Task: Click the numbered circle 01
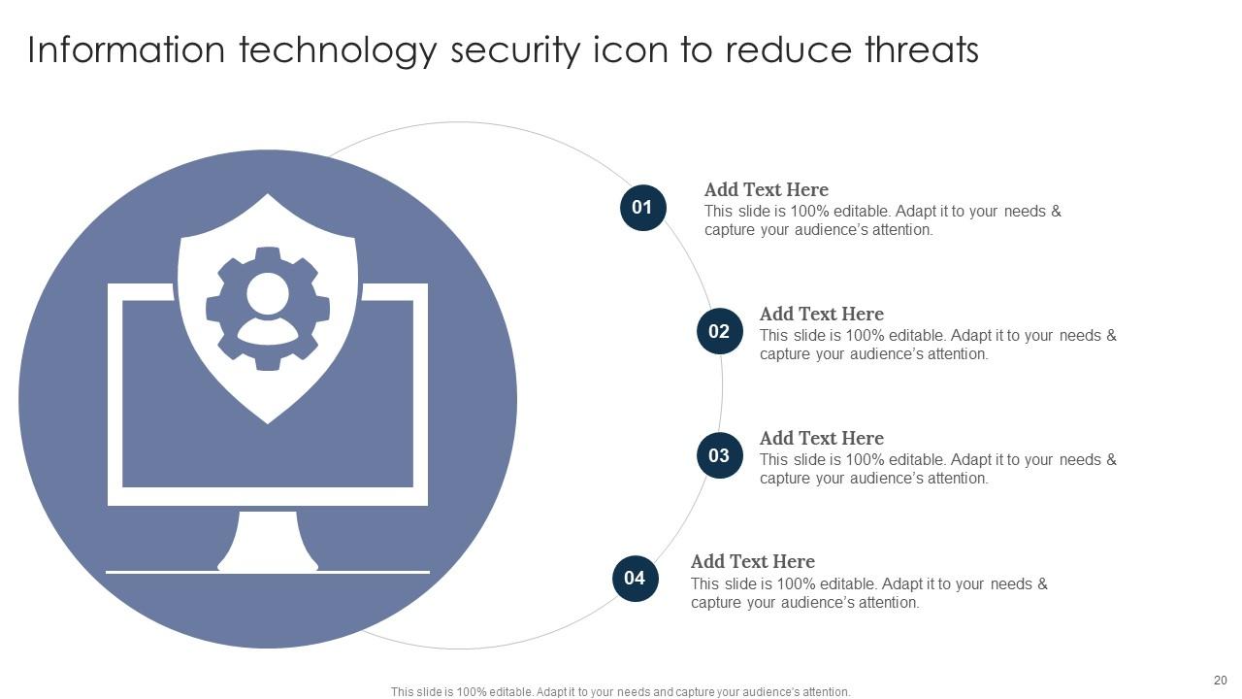point(642,208)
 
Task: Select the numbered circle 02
point(719,332)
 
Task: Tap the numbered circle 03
point(719,456)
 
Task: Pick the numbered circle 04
point(635,579)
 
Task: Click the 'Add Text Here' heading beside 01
point(766,190)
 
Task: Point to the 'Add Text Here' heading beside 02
point(821,315)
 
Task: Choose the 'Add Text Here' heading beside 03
point(821,439)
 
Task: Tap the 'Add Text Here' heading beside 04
point(752,562)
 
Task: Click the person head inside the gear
point(267,292)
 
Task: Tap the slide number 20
point(1220,681)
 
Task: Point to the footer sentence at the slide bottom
point(620,692)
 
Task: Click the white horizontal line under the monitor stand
point(268,572)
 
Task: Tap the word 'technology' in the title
point(338,51)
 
